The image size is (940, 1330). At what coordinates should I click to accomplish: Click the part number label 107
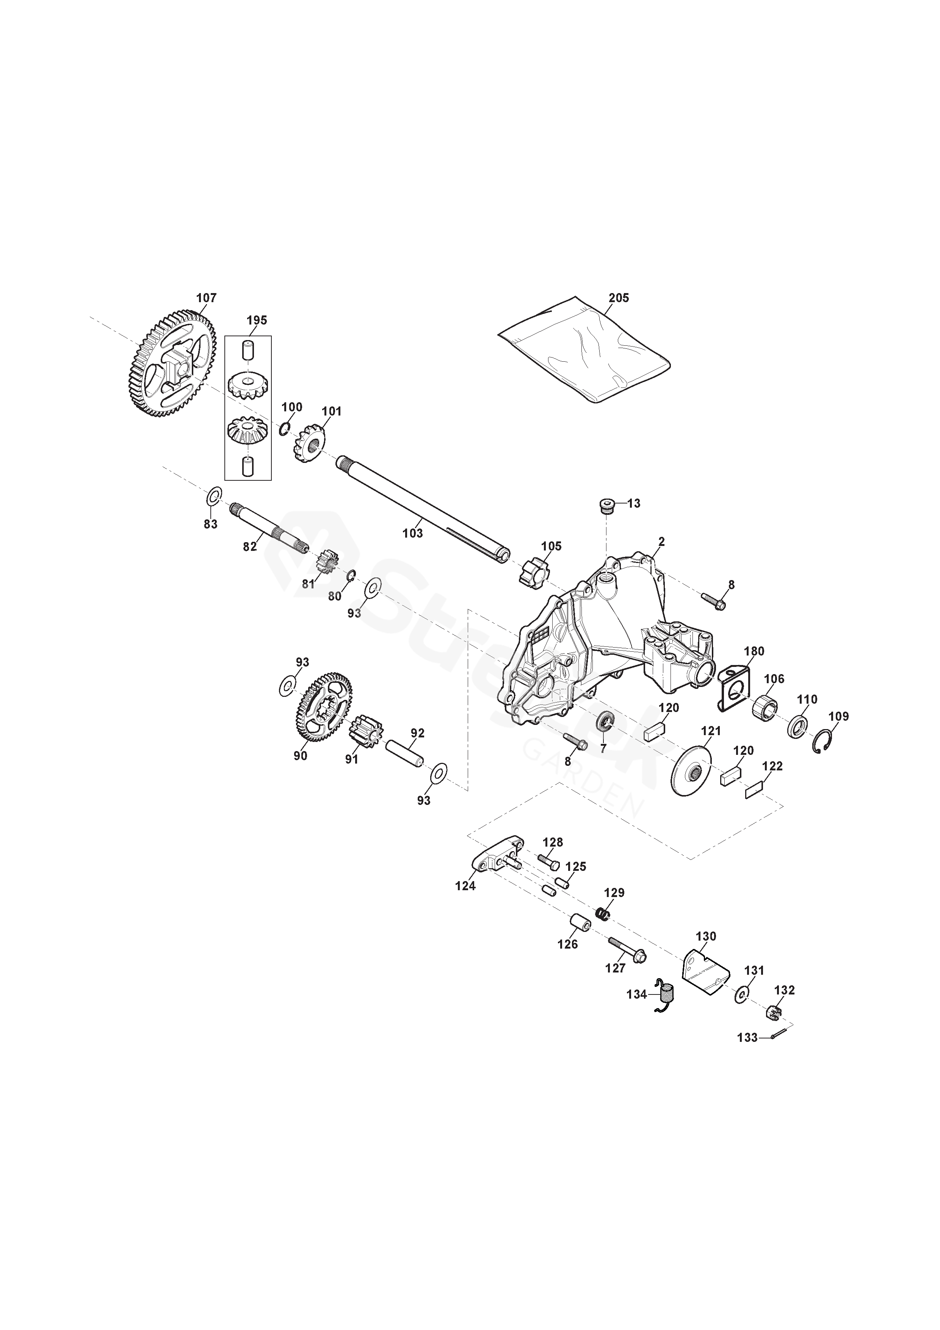pos(206,298)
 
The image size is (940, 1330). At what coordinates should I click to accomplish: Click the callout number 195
pos(257,321)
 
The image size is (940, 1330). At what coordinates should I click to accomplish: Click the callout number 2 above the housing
pos(661,542)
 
